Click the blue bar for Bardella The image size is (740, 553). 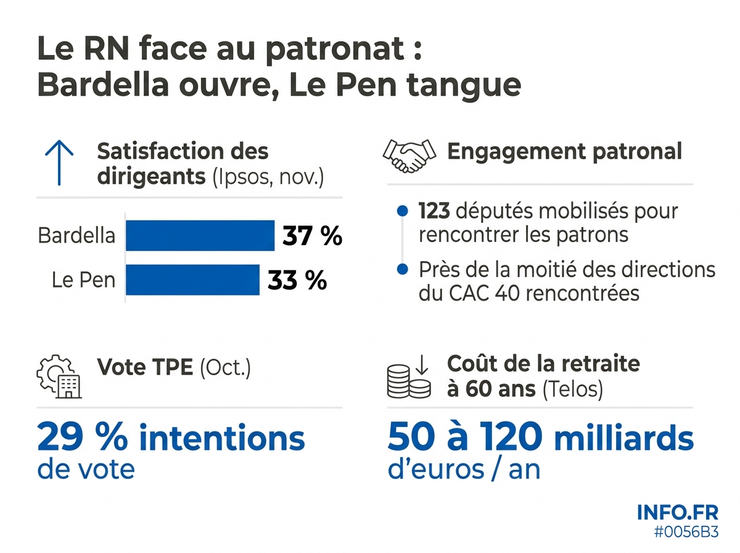pyautogui.click(x=200, y=236)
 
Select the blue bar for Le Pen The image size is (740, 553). pyautogui.click(x=192, y=280)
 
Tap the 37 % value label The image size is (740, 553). pyautogui.click(x=312, y=236)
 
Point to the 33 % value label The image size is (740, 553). pyautogui.click(x=297, y=280)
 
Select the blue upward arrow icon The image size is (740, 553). pyautogui.click(x=59, y=162)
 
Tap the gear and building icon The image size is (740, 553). pyautogui.click(x=59, y=376)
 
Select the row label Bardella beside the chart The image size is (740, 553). pyautogui.click(x=76, y=236)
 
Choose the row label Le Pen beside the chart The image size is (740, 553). pyautogui.click(x=83, y=280)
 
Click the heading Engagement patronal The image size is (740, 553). pyautogui.click(x=564, y=151)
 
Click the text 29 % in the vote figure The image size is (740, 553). pyautogui.click(x=83, y=438)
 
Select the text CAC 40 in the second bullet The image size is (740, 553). pyautogui.click(x=472, y=294)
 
